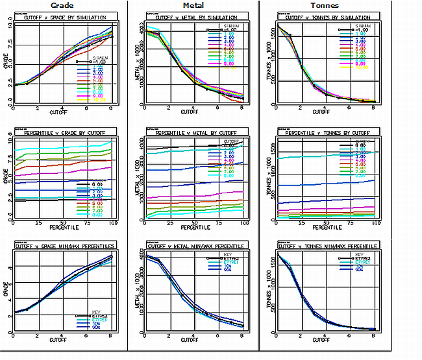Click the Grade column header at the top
(x=62, y=5)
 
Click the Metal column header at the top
(x=193, y=5)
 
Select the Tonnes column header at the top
(x=325, y=5)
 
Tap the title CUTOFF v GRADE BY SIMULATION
(x=63, y=18)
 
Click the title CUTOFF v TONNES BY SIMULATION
(x=328, y=18)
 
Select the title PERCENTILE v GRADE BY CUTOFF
(x=63, y=132)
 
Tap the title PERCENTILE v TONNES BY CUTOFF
(x=328, y=132)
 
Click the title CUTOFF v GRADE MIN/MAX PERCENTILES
(x=63, y=246)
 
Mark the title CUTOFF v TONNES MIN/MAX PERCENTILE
(x=328, y=246)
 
